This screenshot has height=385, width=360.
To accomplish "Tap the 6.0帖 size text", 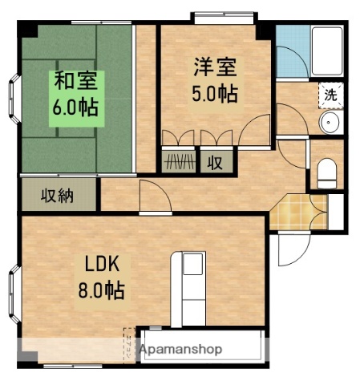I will [75, 107].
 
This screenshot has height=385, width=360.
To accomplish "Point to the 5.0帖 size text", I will [214, 93].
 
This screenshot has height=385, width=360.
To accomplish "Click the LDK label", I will [102, 265].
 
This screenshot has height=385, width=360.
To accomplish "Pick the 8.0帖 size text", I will [102, 290].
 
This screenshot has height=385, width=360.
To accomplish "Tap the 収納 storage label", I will [59, 195].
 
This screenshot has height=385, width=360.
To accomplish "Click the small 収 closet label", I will [216, 162].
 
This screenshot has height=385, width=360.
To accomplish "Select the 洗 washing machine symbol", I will [330, 94].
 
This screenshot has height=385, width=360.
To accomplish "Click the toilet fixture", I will [327, 172].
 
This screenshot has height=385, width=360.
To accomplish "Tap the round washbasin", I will [329, 123].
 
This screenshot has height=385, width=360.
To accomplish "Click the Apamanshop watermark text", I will [181, 350].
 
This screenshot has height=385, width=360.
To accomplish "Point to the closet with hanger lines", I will [180, 162].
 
